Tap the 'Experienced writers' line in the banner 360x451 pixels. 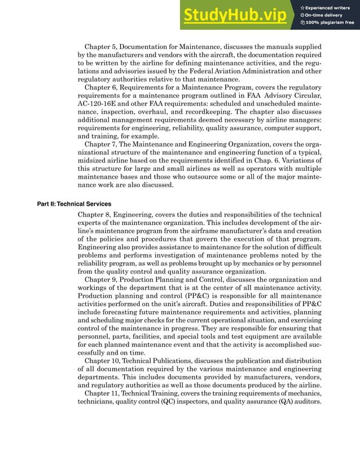click(328, 7)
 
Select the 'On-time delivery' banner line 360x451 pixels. click(325, 15)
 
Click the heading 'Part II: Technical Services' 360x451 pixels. click(74, 204)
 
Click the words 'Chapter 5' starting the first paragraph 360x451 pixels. click(100, 46)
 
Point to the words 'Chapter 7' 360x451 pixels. click(100, 144)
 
